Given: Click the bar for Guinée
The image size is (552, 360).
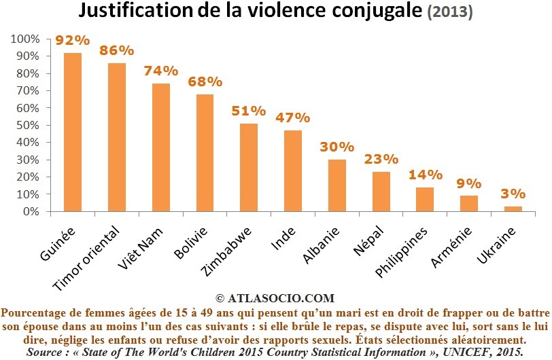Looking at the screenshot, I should pyautogui.click(x=73, y=132).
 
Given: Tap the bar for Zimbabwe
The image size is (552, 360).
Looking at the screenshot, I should pyautogui.click(x=249, y=167).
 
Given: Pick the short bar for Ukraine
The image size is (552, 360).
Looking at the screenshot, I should pyautogui.click(x=514, y=209).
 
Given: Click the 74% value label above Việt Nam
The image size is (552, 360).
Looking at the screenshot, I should pyautogui.click(x=160, y=71).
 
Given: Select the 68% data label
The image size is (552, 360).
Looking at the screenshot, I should pyautogui.click(x=205, y=82).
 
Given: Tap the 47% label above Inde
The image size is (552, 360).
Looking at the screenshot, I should pyautogui.click(x=293, y=118).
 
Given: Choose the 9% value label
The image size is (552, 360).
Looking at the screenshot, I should pyautogui.click(x=469, y=183).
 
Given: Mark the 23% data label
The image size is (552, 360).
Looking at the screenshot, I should pyautogui.click(x=381, y=159).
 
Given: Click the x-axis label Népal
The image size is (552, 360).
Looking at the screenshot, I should pyautogui.click(x=367, y=241).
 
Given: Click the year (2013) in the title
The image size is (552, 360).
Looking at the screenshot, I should pyautogui.click(x=449, y=13).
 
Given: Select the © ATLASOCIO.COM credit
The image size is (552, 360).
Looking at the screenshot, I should pyautogui.click(x=275, y=298).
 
